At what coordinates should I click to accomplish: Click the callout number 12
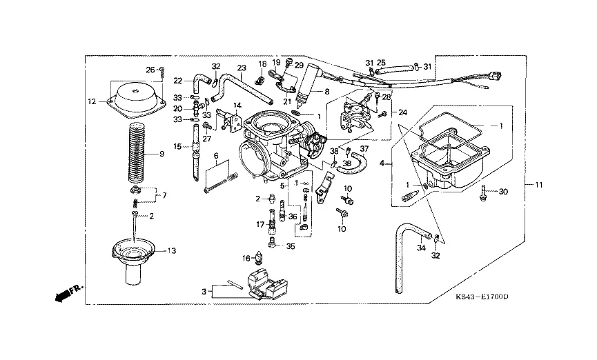(92, 101)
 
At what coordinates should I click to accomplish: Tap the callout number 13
(172, 251)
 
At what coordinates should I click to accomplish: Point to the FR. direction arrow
(69, 292)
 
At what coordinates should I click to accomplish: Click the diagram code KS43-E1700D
(482, 297)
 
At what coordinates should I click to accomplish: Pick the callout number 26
(150, 70)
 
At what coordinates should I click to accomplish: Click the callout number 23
(242, 68)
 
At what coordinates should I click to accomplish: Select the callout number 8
(326, 92)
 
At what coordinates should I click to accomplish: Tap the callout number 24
(403, 112)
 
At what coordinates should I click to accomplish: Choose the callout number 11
(539, 185)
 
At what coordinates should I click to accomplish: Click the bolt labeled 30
(484, 192)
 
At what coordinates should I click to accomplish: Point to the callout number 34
(421, 248)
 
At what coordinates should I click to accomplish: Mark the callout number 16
(246, 259)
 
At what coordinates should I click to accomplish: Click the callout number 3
(204, 292)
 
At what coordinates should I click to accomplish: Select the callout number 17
(260, 225)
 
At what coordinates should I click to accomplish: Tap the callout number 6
(216, 156)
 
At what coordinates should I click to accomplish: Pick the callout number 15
(177, 146)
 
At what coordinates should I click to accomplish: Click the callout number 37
(364, 148)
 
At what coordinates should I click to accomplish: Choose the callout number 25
(381, 62)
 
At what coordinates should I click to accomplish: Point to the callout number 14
(237, 105)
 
